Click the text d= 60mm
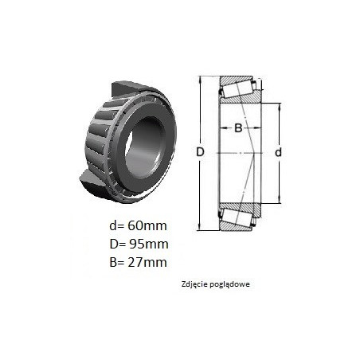[138, 226]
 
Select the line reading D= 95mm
[139, 244]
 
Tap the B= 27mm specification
[139, 262]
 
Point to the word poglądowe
[229, 284]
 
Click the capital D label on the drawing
[200, 152]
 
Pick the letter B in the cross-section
[238, 128]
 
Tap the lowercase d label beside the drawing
[278, 152]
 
